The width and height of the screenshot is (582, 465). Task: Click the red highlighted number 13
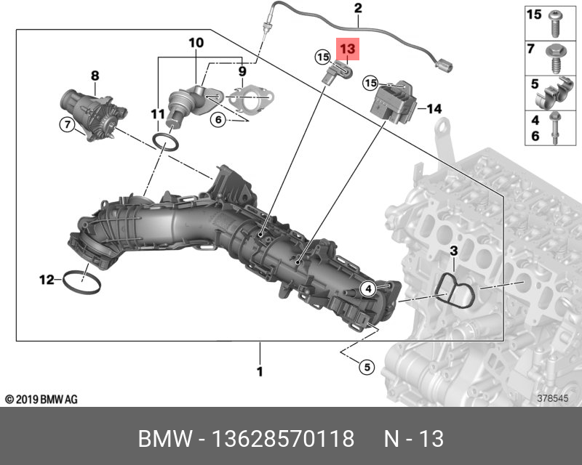[348, 49]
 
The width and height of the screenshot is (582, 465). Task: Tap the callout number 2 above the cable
[358, 8]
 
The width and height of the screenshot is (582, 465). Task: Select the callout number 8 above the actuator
[95, 76]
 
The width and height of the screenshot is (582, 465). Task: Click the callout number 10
[196, 43]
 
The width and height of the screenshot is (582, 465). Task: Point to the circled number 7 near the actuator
[67, 124]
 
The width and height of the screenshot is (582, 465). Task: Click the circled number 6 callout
[218, 119]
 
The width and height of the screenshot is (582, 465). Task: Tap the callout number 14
[434, 109]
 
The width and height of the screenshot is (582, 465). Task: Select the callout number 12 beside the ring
[47, 280]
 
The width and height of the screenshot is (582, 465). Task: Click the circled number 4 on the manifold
[368, 288]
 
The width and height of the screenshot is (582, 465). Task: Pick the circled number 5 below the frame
[367, 367]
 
